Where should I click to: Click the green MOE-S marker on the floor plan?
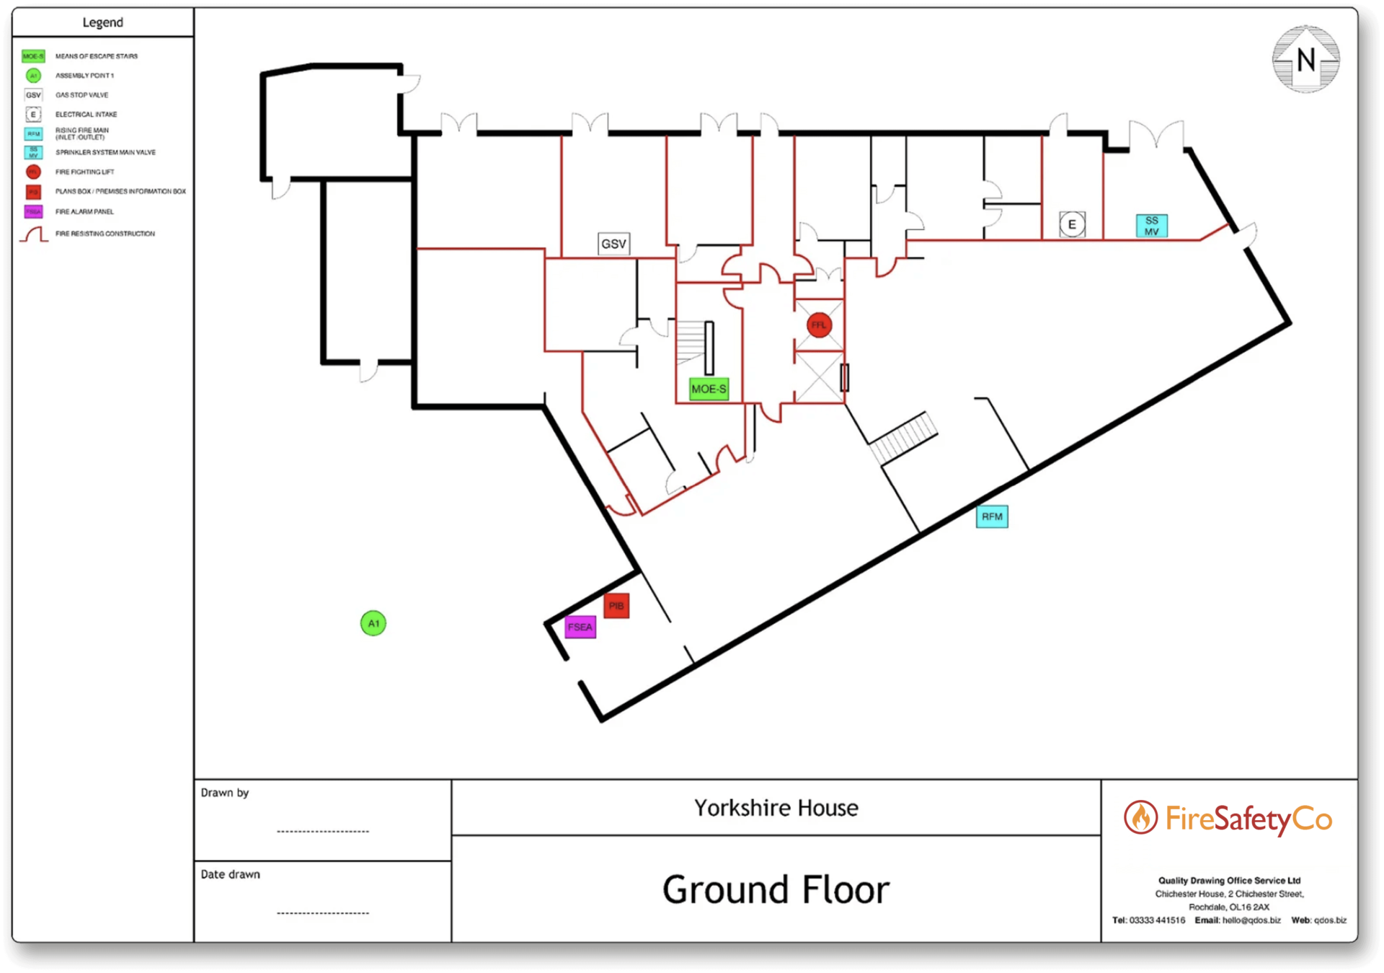[709, 389]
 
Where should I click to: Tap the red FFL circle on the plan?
[819, 325]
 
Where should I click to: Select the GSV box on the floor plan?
[613, 244]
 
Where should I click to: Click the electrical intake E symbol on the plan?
[1072, 224]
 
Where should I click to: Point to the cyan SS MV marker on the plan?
[1151, 226]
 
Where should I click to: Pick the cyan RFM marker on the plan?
[992, 516]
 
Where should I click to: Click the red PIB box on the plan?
[616, 606]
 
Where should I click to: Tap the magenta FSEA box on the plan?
[580, 627]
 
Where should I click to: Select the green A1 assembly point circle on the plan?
[373, 623]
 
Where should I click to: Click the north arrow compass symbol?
[1305, 60]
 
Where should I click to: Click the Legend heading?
[102, 22]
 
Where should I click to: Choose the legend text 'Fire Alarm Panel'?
[84, 211]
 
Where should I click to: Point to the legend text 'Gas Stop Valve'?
[81, 94]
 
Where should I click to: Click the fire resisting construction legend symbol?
[34, 234]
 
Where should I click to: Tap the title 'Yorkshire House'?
[776, 808]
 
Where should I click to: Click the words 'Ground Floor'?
[776, 889]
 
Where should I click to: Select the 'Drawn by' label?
[225, 793]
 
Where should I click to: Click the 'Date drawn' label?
[231, 874]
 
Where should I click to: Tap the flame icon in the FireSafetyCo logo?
[1140, 817]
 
